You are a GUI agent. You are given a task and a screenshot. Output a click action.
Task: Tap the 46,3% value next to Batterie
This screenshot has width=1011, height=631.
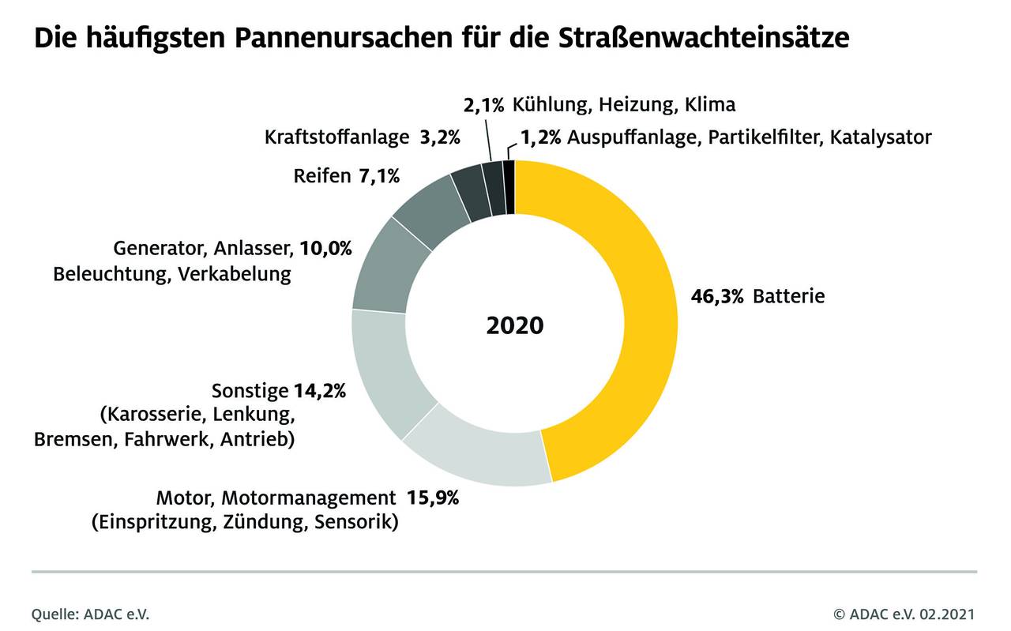pos(717,297)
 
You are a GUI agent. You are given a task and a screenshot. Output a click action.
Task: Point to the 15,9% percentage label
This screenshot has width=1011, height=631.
pos(433,498)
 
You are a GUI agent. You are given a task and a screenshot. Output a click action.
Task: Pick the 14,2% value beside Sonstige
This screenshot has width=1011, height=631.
pos(320,391)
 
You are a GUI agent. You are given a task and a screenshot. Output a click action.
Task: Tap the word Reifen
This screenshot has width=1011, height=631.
pos(321,175)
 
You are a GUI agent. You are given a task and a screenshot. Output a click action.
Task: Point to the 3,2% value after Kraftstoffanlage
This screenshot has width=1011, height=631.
pos(440,137)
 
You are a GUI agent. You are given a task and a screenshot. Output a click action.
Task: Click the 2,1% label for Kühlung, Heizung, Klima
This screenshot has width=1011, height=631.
pos(483,104)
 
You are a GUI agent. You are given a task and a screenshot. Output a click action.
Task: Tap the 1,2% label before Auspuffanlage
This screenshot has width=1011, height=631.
pos(540,137)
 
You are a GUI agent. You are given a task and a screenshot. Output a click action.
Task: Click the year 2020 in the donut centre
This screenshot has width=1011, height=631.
pos(515,325)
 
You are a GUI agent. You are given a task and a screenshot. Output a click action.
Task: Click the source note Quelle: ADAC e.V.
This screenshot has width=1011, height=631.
pos(90,614)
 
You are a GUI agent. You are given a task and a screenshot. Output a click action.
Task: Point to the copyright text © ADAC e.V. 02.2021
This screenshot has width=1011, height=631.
pos(904,614)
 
